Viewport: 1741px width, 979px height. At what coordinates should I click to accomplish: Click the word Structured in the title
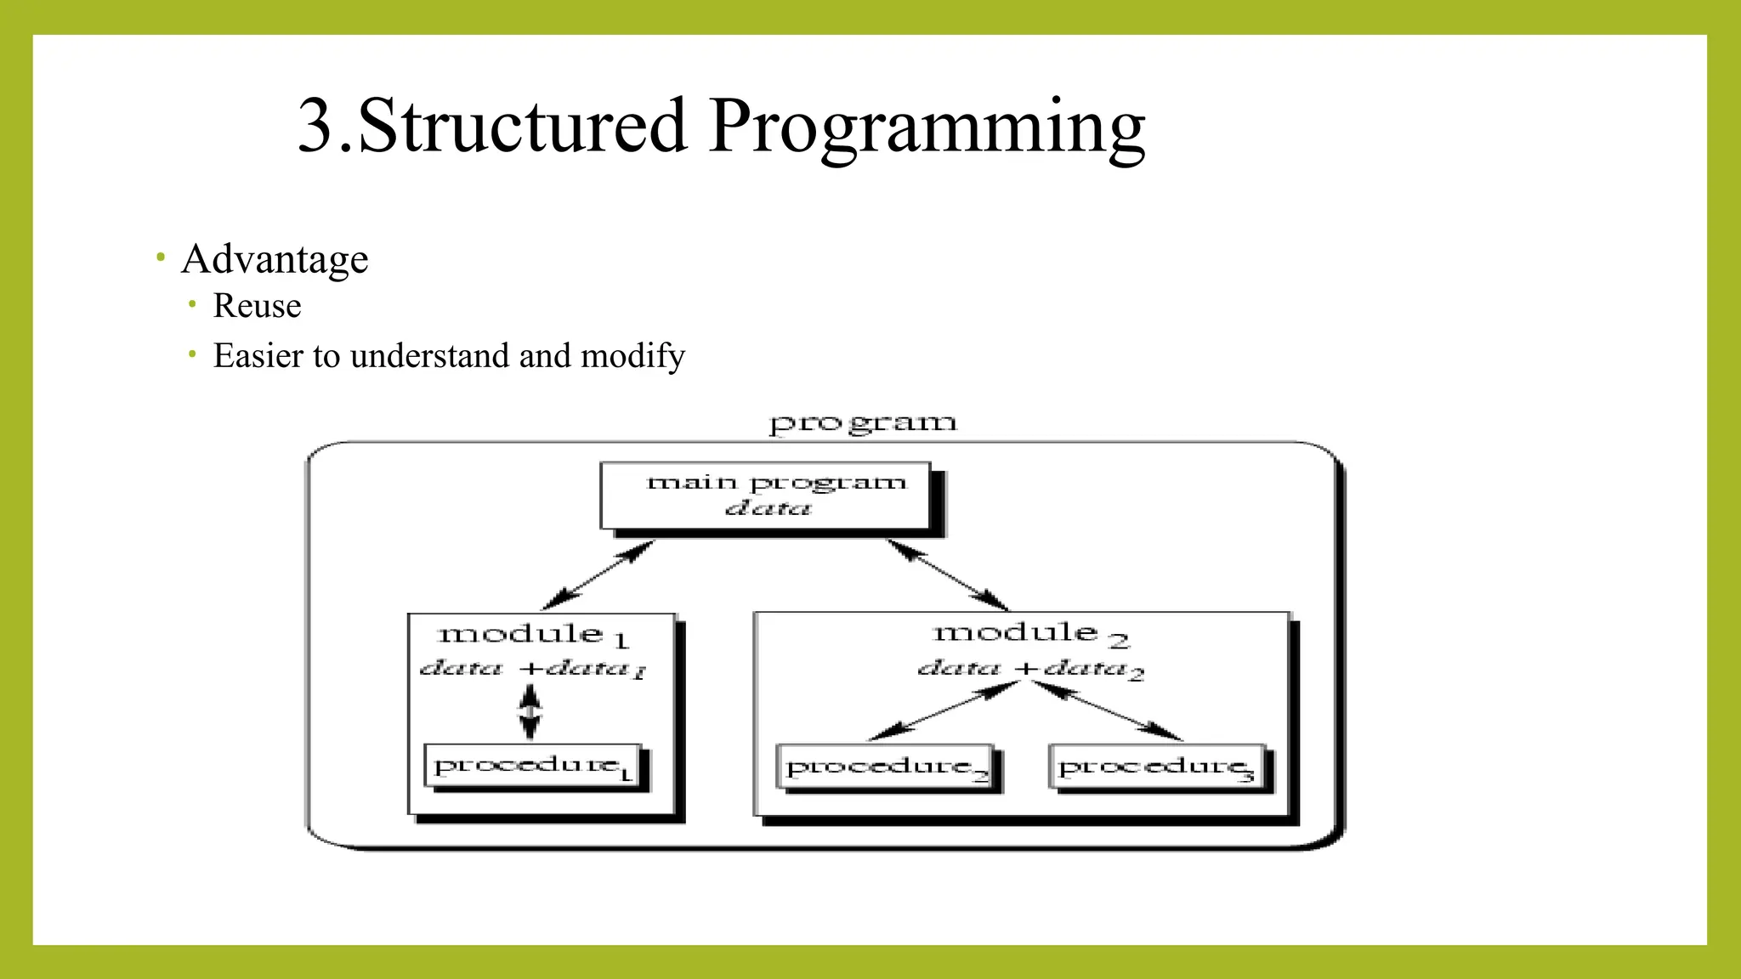point(522,126)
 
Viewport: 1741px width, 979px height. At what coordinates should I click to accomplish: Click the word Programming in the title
point(927,127)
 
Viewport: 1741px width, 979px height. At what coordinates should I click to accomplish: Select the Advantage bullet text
point(275,258)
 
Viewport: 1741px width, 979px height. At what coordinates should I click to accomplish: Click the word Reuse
point(257,306)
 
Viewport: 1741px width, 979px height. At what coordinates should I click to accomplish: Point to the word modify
point(632,356)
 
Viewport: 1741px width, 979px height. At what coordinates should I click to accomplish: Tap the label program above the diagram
point(863,422)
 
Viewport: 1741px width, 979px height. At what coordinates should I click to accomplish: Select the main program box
point(765,495)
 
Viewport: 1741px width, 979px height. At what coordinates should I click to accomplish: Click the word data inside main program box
point(768,509)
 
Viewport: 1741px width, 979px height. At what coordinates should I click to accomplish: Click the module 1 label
point(532,635)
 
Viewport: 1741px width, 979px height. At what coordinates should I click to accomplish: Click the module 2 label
point(1029,633)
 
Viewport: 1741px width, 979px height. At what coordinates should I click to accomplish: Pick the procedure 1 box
point(533,767)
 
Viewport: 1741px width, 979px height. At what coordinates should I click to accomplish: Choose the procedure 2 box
point(886,767)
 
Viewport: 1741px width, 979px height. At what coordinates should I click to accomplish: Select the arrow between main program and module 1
point(598,575)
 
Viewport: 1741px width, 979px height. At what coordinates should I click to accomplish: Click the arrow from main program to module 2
point(948,574)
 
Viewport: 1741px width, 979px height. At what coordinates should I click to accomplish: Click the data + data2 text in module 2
point(1029,669)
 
